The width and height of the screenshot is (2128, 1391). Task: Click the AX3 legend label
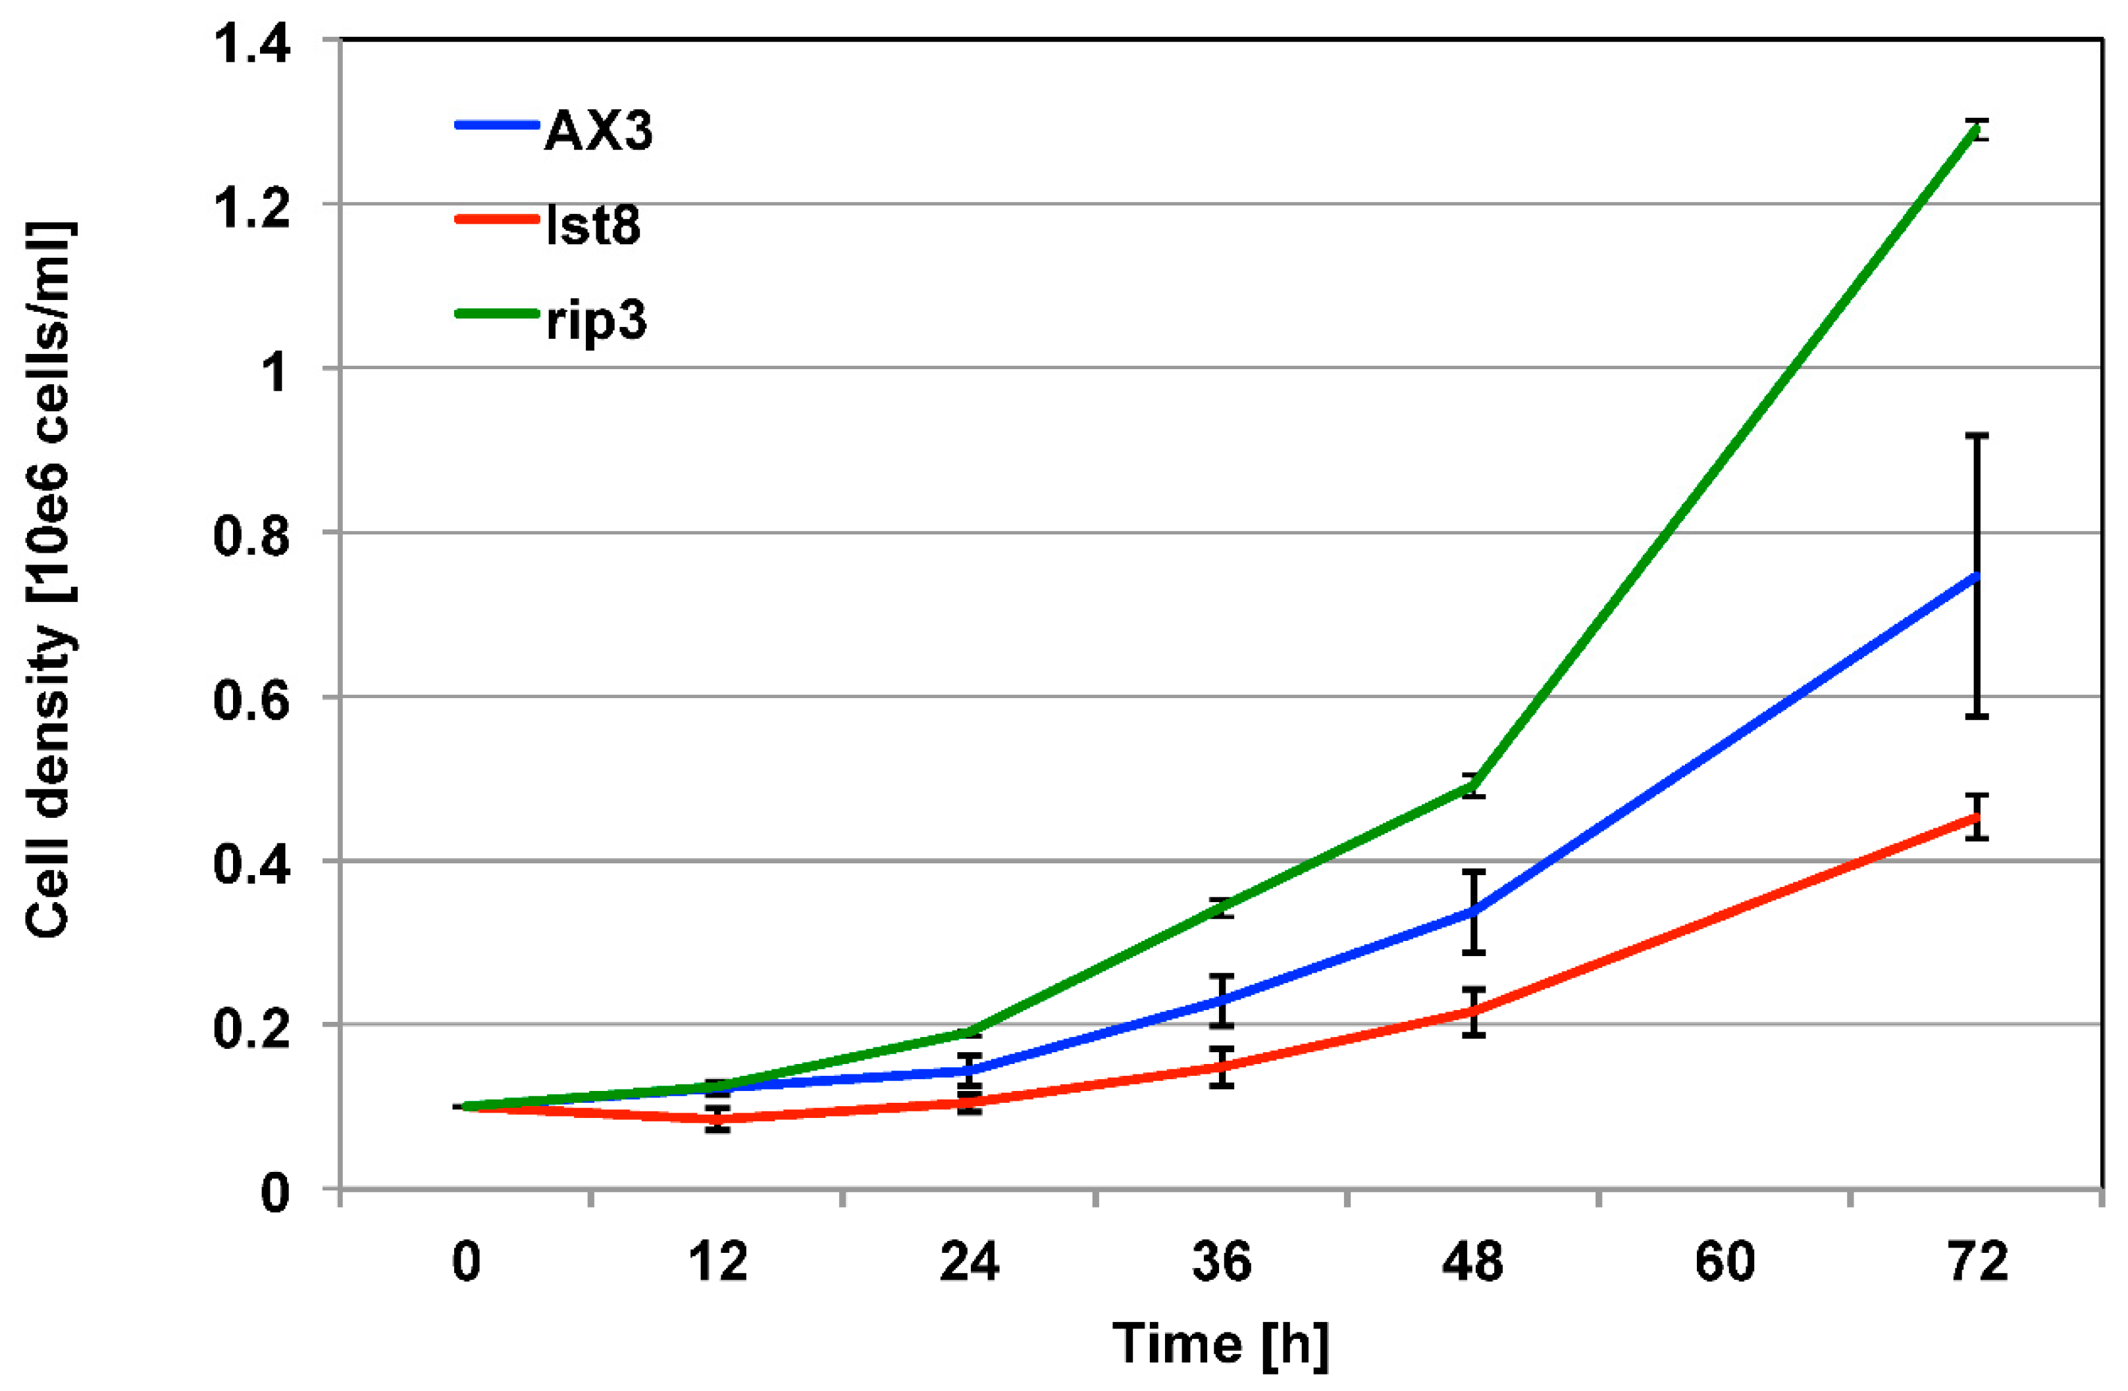pyautogui.click(x=597, y=132)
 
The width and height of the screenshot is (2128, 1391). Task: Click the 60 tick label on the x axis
pyautogui.click(x=1725, y=1262)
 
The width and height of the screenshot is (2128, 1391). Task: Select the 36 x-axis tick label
pyautogui.click(x=1222, y=1262)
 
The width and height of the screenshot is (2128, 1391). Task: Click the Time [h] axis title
pyautogui.click(x=1220, y=1344)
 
